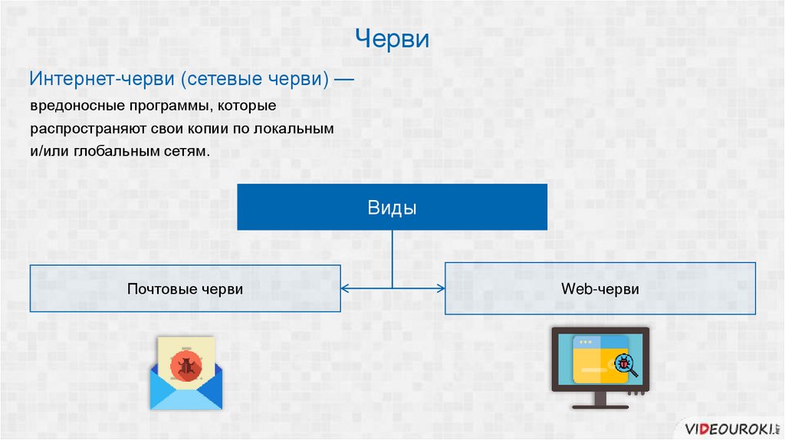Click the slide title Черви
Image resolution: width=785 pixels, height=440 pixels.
(x=392, y=38)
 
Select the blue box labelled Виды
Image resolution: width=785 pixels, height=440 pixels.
(x=392, y=207)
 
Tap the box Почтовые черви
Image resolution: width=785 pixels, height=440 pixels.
(x=185, y=288)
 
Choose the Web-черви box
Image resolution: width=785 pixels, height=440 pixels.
(x=599, y=288)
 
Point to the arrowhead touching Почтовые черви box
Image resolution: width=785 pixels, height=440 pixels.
(x=345, y=288)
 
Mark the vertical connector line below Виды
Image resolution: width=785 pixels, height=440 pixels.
(x=392, y=258)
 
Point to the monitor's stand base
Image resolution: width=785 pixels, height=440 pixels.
(x=600, y=406)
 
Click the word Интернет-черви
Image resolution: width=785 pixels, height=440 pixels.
(x=93, y=80)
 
